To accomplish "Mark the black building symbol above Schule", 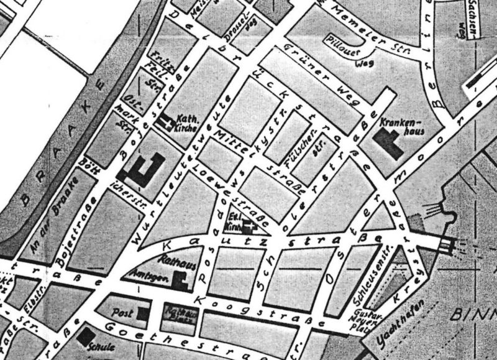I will [x=84, y=336].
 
